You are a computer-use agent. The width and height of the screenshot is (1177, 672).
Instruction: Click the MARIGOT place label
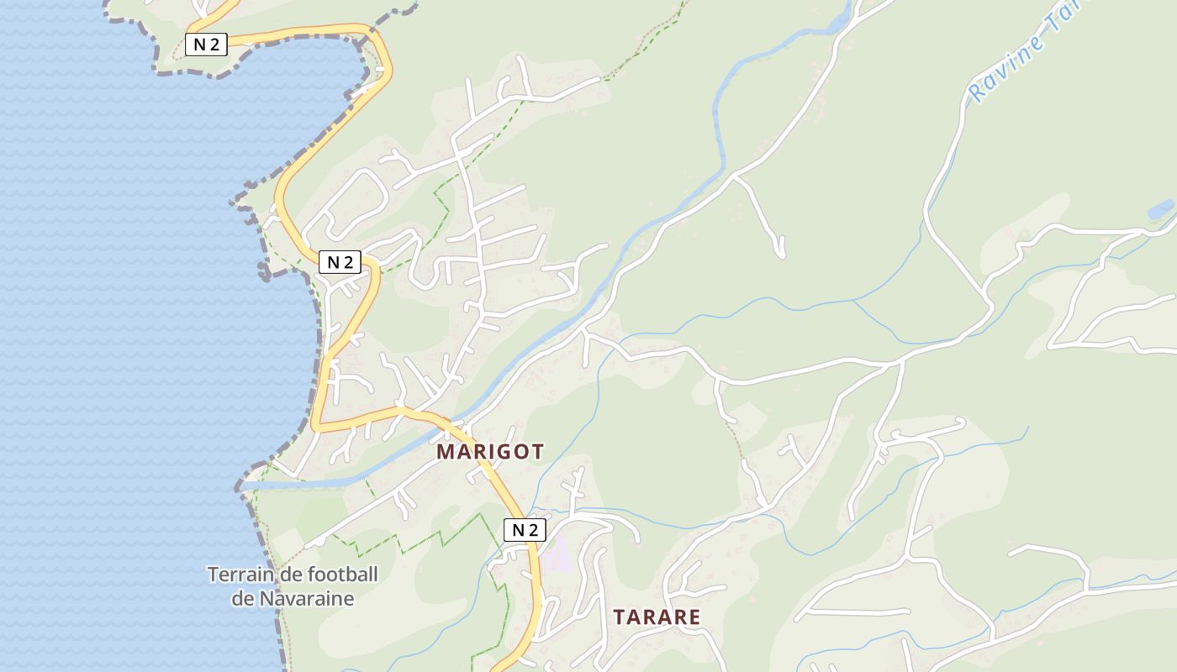(489, 452)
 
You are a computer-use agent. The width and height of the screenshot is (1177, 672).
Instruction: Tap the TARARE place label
(657, 617)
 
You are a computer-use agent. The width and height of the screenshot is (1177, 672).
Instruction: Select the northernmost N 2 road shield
(206, 45)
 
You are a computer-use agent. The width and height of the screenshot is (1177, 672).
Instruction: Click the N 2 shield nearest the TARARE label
(525, 530)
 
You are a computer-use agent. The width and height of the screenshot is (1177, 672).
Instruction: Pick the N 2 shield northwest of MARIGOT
(340, 262)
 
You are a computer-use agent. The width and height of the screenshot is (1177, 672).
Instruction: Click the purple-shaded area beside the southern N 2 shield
(556, 555)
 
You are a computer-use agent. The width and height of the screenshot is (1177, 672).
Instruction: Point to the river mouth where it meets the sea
(252, 484)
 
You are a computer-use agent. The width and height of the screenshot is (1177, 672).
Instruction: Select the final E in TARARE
(694, 617)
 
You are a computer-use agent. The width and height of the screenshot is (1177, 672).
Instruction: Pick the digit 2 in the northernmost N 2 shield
(214, 45)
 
